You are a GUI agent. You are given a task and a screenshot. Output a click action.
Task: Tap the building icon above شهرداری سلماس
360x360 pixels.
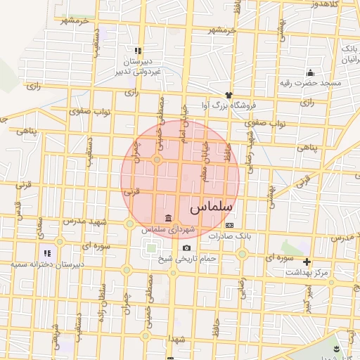[168, 217]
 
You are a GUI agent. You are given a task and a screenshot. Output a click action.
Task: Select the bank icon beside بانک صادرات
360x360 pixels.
[229, 225]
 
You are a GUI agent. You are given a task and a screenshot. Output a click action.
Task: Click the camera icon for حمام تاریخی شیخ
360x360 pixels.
[186, 247]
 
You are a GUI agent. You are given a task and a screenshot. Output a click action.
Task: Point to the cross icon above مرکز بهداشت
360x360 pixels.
[307, 262]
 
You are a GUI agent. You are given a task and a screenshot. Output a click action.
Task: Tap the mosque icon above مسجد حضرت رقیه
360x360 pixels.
[310, 72]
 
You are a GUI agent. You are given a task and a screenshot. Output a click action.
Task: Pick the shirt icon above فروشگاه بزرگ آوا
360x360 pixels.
[228, 94]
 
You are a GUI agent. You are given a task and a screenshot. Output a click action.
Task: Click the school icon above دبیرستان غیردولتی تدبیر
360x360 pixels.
[138, 51]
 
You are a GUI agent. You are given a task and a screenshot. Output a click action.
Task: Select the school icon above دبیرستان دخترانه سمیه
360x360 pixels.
[47, 252]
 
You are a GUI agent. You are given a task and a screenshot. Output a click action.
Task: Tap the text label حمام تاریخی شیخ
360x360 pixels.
[185, 258]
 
